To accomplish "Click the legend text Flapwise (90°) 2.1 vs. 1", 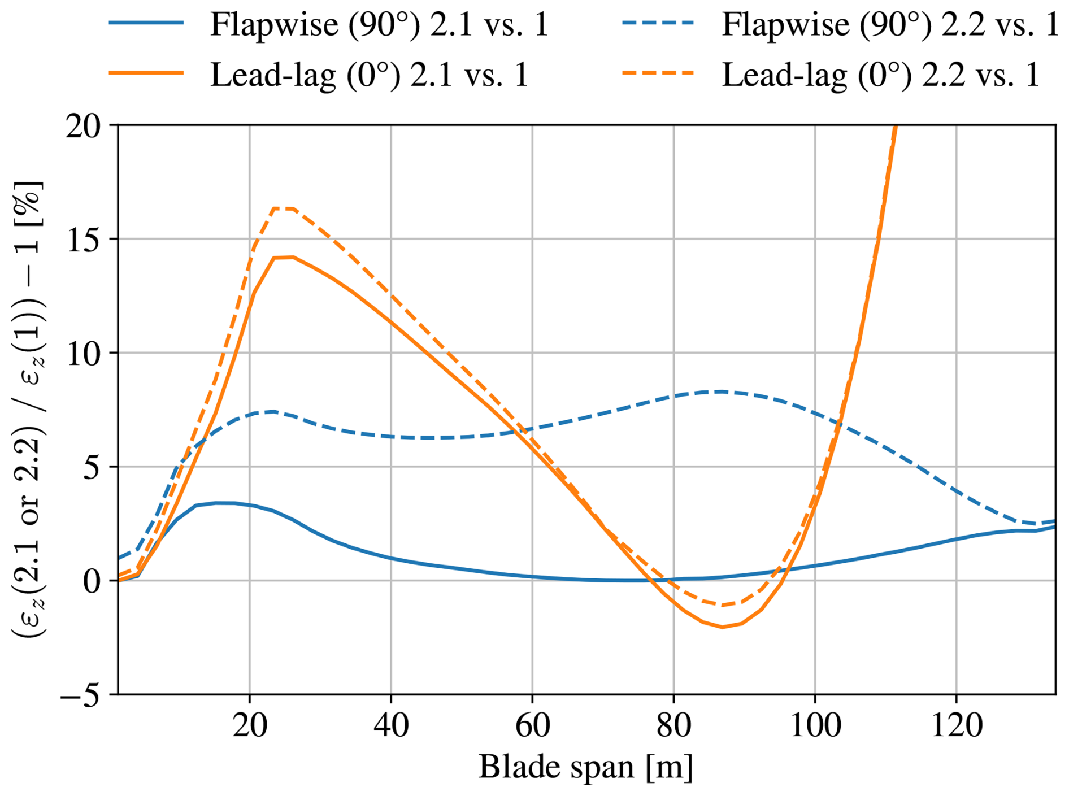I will click(379, 24).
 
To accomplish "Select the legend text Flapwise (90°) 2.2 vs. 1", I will click(890, 24).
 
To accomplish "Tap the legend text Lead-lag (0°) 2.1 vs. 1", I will click(370, 74).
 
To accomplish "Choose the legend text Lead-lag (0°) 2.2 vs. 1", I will click(880, 74).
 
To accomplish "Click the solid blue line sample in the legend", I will click(146, 23).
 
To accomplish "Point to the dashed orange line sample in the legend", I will click(658, 73).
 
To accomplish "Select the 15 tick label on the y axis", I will click(84, 239).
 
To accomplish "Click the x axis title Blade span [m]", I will click(586, 767).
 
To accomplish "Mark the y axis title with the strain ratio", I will click(28, 410).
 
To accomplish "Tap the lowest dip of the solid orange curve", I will click(723, 627).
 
